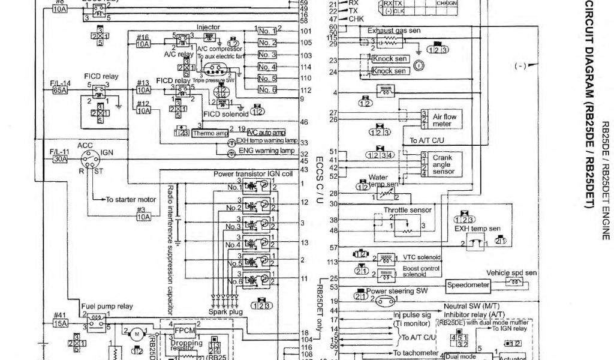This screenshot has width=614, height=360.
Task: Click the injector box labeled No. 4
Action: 267,66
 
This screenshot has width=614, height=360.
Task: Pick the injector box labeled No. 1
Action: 267,30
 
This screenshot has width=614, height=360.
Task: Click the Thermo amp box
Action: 207,133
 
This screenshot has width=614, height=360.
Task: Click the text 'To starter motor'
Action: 131,199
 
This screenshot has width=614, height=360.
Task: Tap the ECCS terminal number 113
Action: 333,262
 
